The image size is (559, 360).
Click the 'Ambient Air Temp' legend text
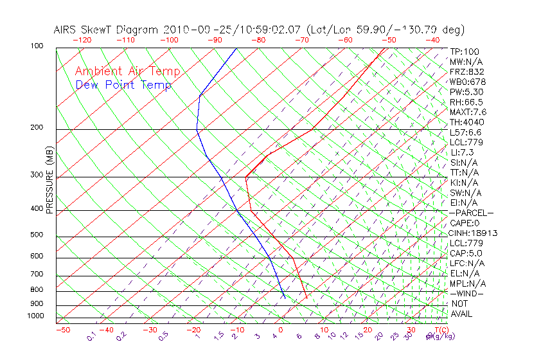point(128,71)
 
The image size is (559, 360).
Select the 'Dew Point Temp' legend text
point(123,85)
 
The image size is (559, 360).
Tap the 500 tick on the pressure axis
point(37,235)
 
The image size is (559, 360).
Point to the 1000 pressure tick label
point(35,316)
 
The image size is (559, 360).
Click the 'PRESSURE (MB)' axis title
point(49,181)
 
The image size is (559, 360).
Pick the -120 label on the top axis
point(82,39)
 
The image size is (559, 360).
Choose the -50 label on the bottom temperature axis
point(62,330)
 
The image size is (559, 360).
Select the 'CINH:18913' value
point(474,233)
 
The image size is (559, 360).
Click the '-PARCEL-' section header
point(471,213)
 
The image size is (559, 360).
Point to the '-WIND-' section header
point(466,293)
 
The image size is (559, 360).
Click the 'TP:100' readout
point(465,51)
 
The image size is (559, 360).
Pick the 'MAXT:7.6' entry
point(468,112)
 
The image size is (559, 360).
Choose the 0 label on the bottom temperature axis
point(281,330)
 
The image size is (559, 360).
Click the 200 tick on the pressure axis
point(37,128)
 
